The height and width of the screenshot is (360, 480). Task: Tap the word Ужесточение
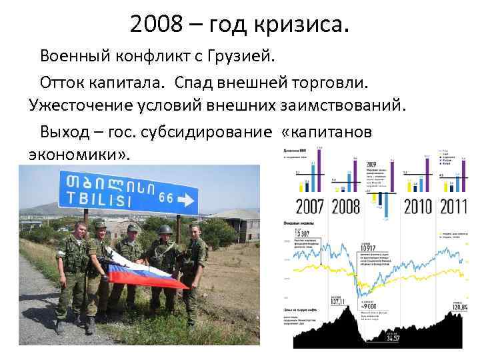83,106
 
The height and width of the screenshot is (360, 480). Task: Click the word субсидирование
203,131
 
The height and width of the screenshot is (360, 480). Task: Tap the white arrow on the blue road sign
186,200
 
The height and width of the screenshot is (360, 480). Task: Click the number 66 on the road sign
166,198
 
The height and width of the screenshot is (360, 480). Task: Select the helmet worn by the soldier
165,230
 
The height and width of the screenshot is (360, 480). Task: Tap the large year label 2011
453,205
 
